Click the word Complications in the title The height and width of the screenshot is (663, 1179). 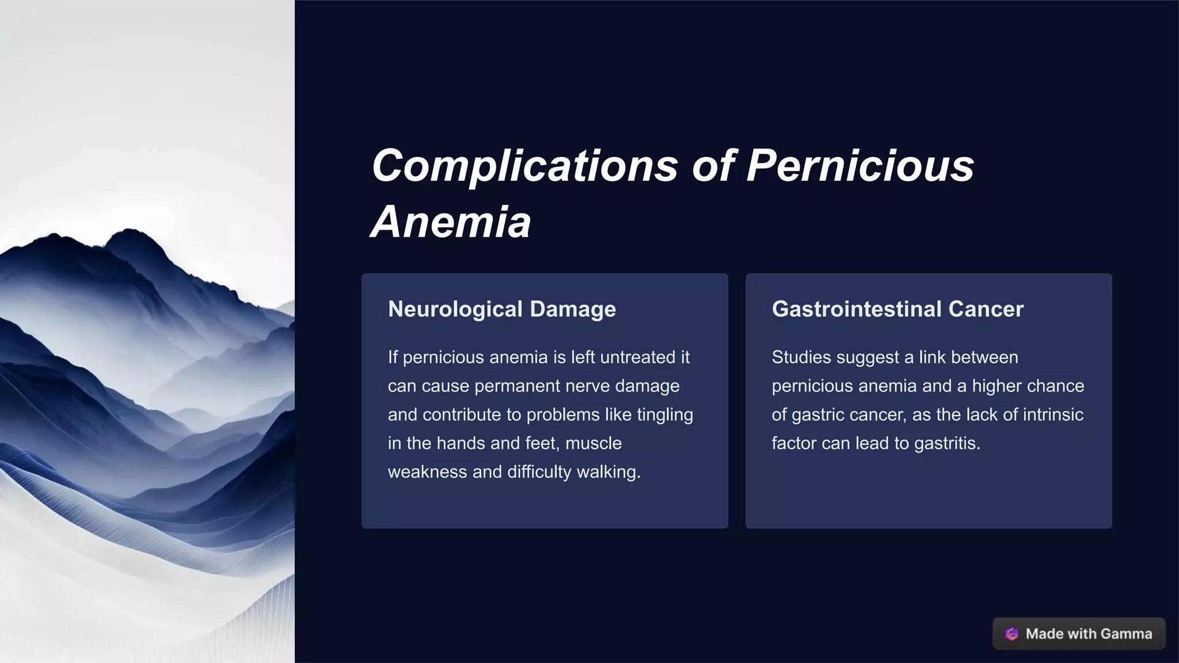click(x=524, y=166)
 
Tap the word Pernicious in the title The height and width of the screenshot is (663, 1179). click(x=860, y=166)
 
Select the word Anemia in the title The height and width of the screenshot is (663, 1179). click(x=451, y=222)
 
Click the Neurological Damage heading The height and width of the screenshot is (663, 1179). click(x=501, y=309)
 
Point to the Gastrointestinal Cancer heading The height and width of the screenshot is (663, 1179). click(x=897, y=309)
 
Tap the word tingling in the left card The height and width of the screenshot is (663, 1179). click(x=665, y=415)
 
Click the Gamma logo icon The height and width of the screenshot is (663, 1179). click(x=1011, y=634)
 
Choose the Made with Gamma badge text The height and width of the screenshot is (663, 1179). click(x=1089, y=634)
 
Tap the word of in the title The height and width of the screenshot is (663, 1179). click(x=713, y=166)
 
